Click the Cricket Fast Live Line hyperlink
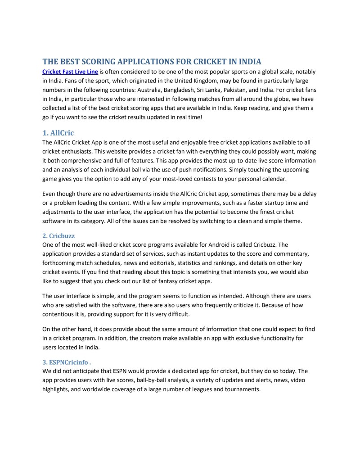pos(70,72)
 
